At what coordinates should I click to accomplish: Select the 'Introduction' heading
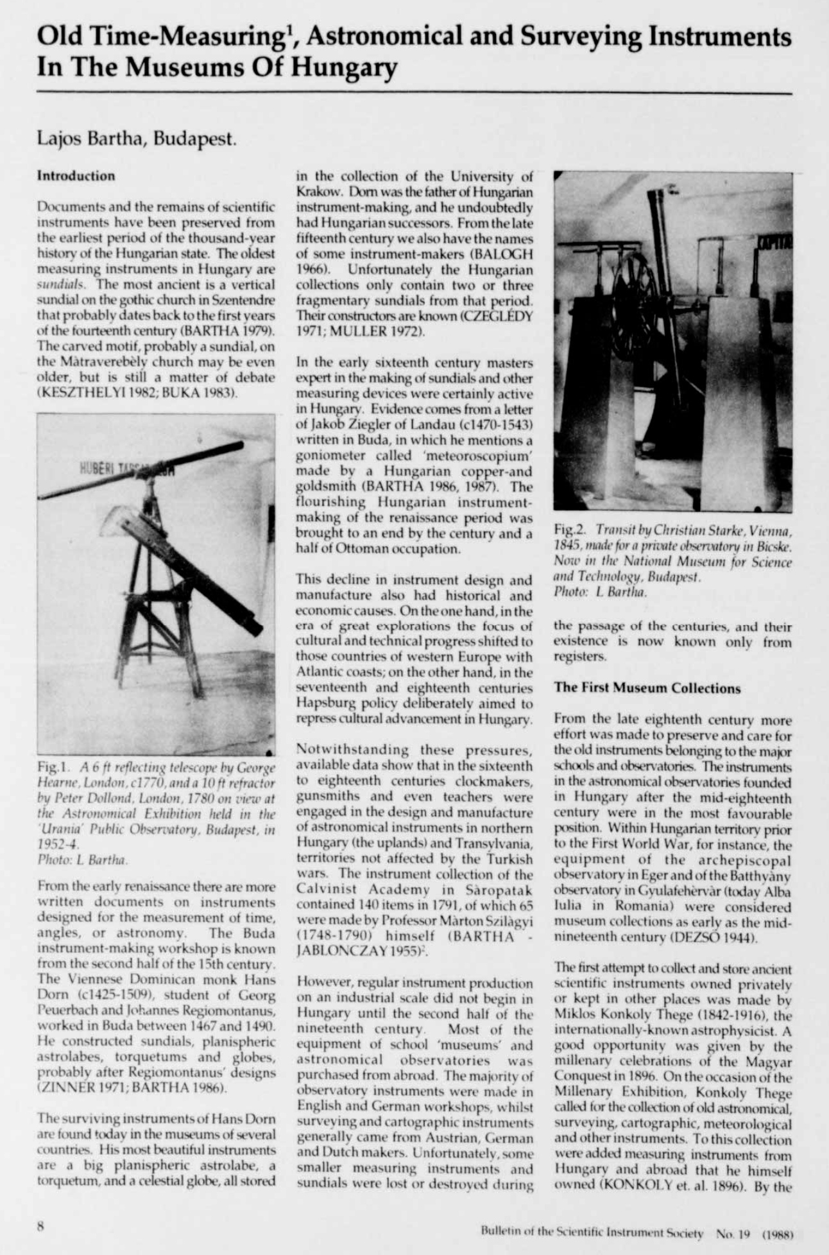click(76, 176)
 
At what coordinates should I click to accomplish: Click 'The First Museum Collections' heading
click(647, 688)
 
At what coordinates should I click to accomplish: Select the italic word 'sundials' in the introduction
click(57, 284)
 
